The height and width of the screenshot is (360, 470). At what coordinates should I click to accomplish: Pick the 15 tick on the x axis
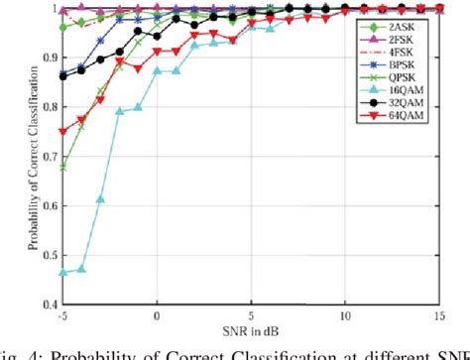(439, 315)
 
